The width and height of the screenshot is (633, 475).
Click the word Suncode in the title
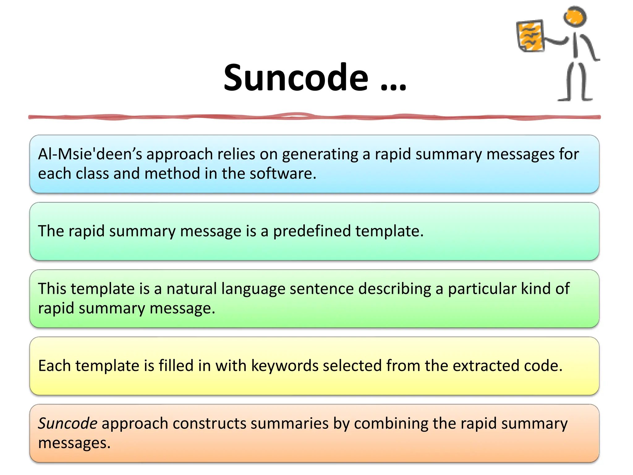click(x=296, y=78)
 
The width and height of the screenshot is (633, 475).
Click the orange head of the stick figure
click(x=575, y=16)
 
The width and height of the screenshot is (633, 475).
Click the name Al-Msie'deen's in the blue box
click(x=90, y=154)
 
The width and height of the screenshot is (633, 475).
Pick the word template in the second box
click(x=389, y=231)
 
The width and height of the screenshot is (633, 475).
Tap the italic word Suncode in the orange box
click(x=68, y=423)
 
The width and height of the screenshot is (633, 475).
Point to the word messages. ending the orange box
click(x=74, y=443)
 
